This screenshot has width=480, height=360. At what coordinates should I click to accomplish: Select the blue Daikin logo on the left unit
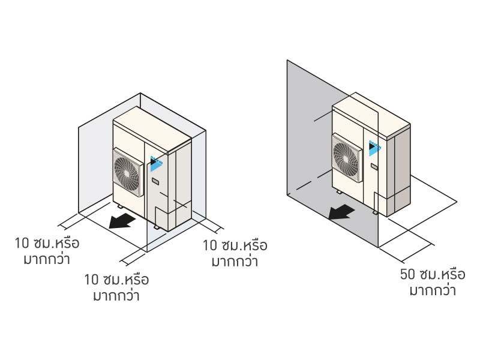click(x=157, y=163)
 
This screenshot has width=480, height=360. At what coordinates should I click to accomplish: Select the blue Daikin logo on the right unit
click(x=375, y=148)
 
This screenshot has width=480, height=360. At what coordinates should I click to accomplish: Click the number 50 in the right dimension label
click(x=407, y=274)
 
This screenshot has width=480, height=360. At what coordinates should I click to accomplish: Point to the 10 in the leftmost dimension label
click(x=22, y=243)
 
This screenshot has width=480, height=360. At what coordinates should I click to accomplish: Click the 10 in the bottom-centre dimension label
click(x=91, y=280)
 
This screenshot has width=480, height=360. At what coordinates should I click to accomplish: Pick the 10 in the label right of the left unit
click(x=209, y=245)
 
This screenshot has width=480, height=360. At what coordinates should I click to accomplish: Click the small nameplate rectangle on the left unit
click(x=155, y=181)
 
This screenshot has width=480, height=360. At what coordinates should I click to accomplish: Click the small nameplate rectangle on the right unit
click(x=374, y=167)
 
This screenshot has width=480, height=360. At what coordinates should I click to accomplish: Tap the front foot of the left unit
click(x=156, y=227)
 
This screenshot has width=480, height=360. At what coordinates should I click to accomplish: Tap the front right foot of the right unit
click(x=375, y=212)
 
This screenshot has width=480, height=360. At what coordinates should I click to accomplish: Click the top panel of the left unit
click(x=152, y=128)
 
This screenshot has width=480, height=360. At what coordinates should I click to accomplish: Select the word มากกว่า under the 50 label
click(x=433, y=290)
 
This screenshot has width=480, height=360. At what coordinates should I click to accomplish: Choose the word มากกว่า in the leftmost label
click(x=47, y=259)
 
